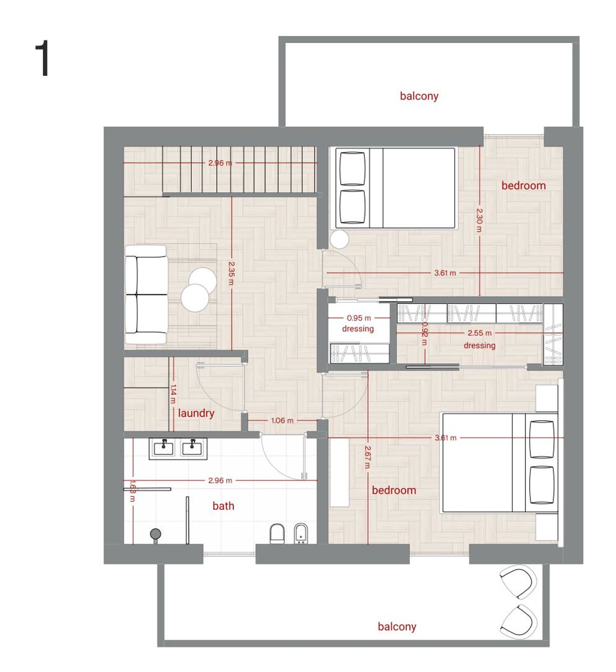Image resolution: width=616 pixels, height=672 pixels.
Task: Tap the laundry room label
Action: click(196, 413)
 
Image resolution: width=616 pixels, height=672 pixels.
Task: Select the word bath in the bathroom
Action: click(223, 506)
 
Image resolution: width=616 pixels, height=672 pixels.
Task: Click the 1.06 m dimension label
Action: click(282, 421)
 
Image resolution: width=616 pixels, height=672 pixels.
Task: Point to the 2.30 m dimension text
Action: click(479, 221)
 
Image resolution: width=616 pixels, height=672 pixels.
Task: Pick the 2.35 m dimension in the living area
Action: click(231, 274)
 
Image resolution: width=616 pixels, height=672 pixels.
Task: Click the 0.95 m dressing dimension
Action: click(359, 318)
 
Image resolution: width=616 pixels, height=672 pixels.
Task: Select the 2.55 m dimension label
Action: click(479, 333)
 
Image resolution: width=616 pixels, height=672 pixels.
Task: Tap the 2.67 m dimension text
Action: click(368, 457)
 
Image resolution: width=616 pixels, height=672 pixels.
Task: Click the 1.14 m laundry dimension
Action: click(173, 394)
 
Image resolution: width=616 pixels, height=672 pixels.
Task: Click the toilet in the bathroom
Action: click(277, 534)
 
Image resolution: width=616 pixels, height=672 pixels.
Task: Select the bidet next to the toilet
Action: click(301, 534)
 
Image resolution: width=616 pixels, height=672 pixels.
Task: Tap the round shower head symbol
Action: click(155, 534)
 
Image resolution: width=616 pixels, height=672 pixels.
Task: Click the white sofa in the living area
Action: click(146, 295)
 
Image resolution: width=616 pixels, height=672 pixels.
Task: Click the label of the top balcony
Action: click(419, 96)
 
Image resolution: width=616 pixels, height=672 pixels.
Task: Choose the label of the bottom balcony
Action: click(397, 627)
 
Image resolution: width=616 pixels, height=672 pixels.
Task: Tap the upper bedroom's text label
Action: click(524, 186)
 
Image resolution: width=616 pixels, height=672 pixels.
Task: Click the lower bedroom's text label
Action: click(394, 490)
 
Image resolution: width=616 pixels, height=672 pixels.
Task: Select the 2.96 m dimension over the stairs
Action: click(220, 163)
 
